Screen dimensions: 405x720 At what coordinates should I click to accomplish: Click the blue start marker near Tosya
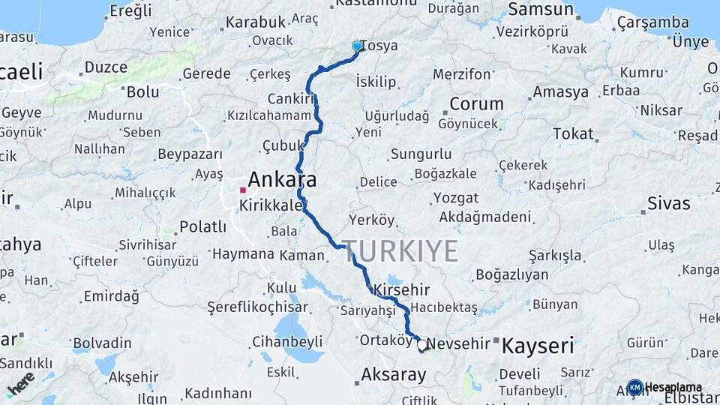357,46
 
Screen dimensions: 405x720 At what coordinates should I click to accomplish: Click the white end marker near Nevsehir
422,346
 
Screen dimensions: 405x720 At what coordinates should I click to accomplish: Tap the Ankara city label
282,180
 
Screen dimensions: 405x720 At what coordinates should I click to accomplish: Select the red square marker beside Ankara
243,190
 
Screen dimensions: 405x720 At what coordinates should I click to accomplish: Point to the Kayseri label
537,346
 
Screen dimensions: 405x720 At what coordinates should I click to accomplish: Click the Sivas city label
667,203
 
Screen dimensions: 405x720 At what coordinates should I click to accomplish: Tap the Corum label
476,104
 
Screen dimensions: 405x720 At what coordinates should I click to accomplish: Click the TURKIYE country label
401,251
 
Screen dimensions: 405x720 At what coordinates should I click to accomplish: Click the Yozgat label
455,198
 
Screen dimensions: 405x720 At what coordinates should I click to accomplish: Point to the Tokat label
573,134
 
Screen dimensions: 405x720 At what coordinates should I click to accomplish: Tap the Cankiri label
289,99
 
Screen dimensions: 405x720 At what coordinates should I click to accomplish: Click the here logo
20,382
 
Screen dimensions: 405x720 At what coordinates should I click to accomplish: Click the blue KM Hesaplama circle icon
634,387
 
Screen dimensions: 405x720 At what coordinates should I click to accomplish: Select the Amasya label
560,93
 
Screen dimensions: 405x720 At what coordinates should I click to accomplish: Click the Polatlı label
203,226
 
